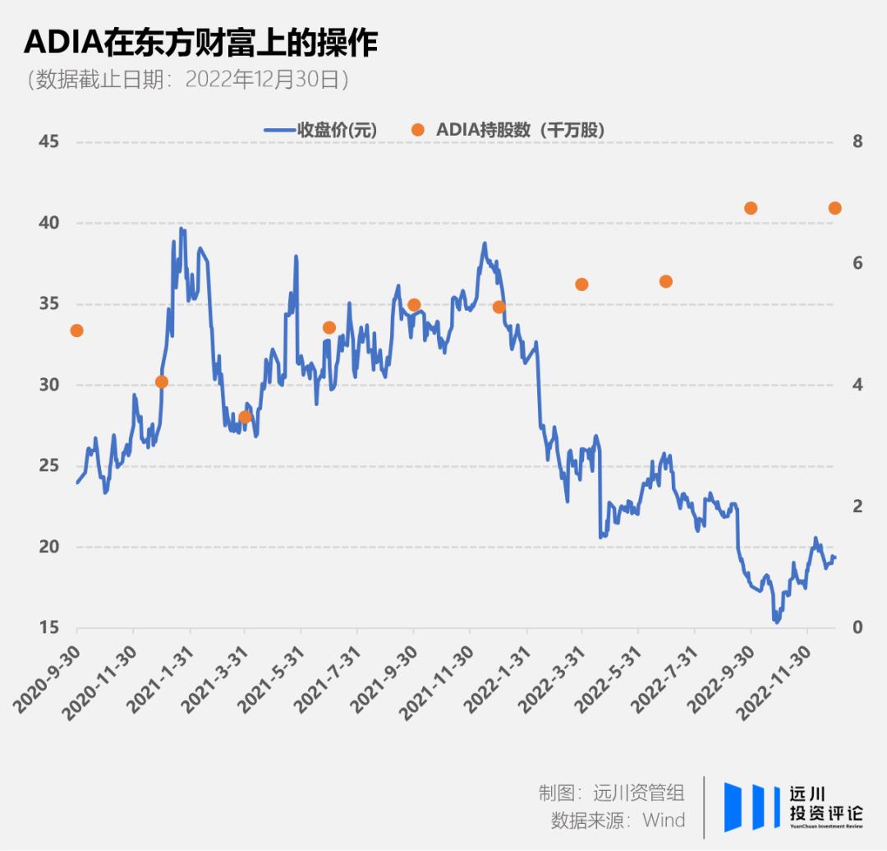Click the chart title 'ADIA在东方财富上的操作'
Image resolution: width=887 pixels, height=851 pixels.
pos(201,43)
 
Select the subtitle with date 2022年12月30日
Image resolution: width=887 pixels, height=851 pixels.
pos(188,80)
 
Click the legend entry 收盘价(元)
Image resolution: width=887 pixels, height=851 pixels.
pos(320,129)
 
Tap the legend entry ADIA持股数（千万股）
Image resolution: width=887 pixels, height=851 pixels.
pos(513,129)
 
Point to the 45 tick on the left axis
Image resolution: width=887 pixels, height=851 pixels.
pos(49,141)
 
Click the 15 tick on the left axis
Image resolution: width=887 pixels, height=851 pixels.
pos(49,627)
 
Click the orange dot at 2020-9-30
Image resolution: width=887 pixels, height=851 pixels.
pos(77,331)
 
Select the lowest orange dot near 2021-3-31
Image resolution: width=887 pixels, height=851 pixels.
pos(245,417)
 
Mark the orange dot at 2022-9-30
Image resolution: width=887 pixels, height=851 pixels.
pos(750,208)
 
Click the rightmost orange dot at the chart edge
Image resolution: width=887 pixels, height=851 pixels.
pos(834,208)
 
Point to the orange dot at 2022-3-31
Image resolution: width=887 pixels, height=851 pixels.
pos(581,284)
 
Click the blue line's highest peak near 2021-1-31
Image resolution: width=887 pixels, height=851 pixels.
pos(182,229)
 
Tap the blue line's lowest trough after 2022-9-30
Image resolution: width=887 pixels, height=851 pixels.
pos(776,622)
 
